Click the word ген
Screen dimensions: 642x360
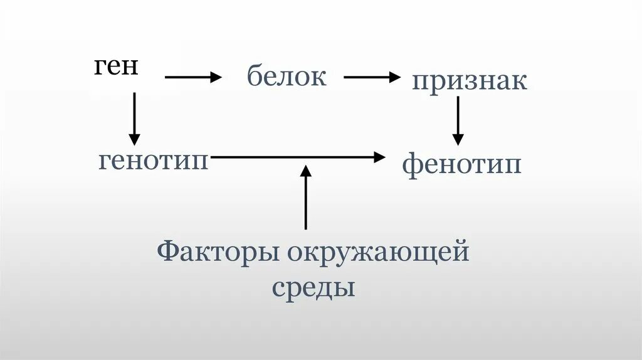(117, 66)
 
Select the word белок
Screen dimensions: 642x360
(287, 77)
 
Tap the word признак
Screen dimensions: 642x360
(469, 82)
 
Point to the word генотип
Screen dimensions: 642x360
(154, 161)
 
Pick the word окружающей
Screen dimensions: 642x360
(379, 254)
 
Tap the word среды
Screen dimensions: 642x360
(313, 289)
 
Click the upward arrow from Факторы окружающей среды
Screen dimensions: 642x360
(306, 197)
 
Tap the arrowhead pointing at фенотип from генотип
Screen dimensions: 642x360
(380, 157)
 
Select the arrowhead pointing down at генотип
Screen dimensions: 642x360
(134, 139)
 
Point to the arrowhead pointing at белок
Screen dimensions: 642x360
(216, 77)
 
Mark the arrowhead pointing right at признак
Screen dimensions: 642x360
(394, 77)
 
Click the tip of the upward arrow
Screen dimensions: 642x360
(306, 168)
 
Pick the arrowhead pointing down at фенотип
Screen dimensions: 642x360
(458, 140)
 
